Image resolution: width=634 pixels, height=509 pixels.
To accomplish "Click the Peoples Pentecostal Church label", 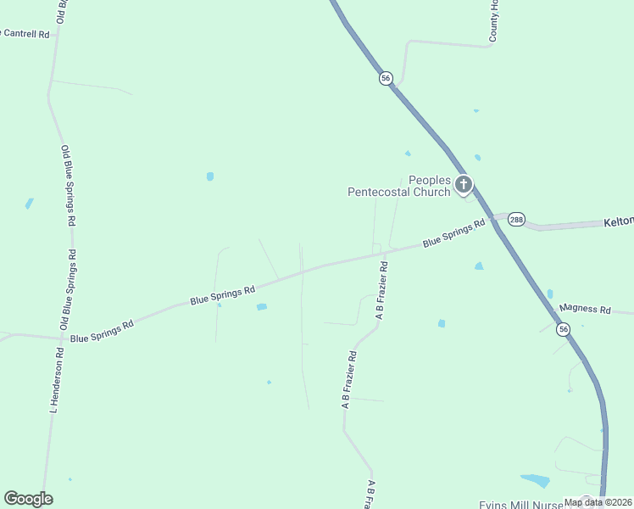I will click(399, 186).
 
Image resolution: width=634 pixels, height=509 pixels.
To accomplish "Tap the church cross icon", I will click(463, 184).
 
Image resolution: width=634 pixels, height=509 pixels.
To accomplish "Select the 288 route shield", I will click(516, 220).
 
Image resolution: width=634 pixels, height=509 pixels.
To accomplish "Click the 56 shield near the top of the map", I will click(386, 78).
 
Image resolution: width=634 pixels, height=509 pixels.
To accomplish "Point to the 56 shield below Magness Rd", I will click(563, 328).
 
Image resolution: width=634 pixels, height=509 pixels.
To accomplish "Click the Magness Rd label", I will click(586, 310).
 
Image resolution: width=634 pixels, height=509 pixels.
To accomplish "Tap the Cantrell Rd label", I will click(25, 34).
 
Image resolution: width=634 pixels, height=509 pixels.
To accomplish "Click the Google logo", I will click(28, 499).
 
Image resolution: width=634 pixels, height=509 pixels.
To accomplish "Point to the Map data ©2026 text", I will click(597, 502).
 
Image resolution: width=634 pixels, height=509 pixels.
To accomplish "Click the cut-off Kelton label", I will click(619, 221).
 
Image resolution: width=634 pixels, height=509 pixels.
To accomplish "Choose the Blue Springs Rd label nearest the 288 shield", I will click(453, 233).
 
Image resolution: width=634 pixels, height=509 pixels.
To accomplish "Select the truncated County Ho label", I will click(493, 20).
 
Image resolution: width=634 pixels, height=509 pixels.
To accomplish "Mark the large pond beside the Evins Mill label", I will click(535, 480).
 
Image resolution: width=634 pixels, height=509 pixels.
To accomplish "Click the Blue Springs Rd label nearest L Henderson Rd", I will click(102, 332).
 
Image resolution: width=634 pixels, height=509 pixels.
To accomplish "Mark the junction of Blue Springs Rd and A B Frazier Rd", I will click(388, 251).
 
